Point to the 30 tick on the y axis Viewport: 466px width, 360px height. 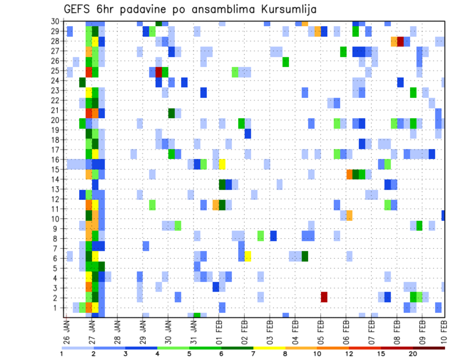click(x=55, y=21)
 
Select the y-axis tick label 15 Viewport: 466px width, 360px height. click(x=55, y=169)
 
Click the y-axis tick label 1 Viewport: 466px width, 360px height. click(x=57, y=307)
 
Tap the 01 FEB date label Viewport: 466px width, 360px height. click(x=219, y=329)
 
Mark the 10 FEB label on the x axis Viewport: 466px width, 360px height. click(x=444, y=329)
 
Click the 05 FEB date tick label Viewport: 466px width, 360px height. click(x=320, y=329)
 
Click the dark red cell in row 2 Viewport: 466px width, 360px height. click(x=324, y=297)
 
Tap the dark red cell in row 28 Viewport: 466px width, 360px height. click(x=400, y=41)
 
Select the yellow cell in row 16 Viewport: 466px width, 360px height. click(x=222, y=164)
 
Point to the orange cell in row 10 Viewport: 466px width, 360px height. click(x=349, y=215)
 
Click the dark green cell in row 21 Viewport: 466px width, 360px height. click(x=171, y=113)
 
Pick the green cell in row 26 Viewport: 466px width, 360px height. click(x=286, y=62)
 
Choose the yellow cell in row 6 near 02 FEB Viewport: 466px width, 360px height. click(x=248, y=256)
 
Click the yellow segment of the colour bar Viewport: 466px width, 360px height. click(x=269, y=348)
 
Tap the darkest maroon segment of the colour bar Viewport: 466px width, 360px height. click(x=429, y=348)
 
